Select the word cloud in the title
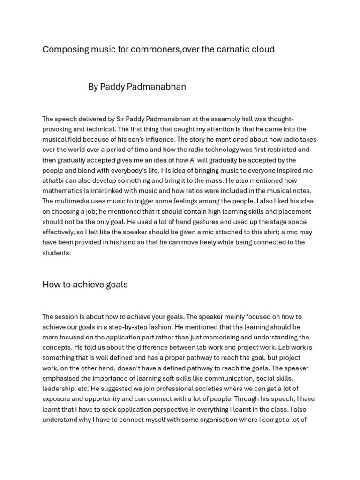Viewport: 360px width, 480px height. point(262,49)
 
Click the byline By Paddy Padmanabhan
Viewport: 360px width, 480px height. point(137,87)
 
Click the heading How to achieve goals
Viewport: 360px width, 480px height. point(85,285)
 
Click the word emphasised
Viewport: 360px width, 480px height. point(61,379)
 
